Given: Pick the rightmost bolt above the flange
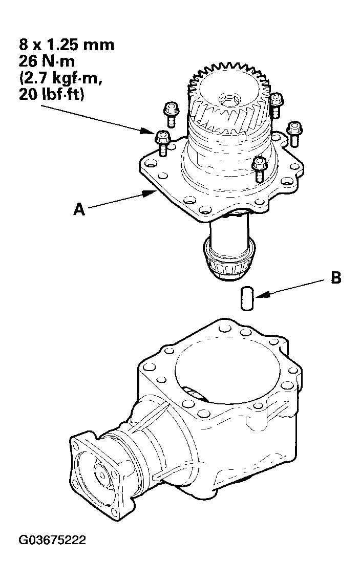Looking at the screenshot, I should click(x=294, y=132).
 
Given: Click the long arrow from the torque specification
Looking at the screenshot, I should click(x=97, y=118).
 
